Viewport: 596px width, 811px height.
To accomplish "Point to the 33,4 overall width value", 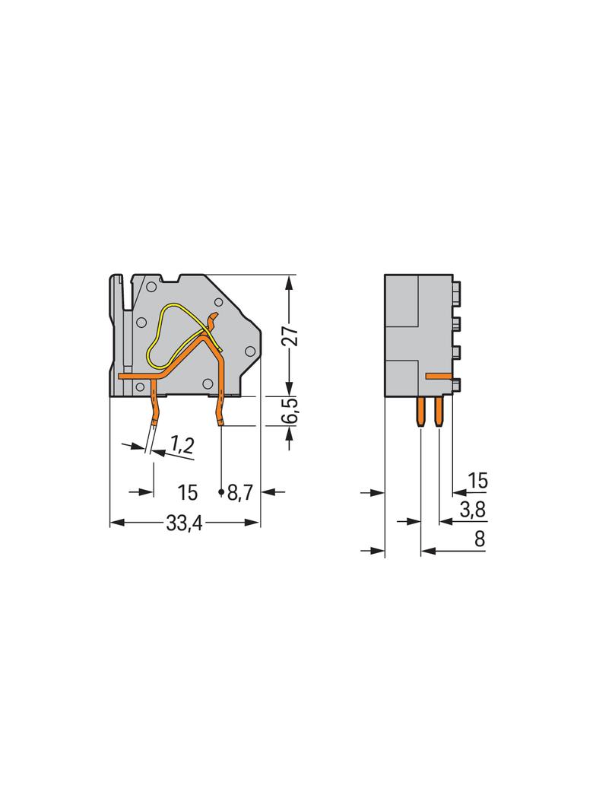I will (182, 523).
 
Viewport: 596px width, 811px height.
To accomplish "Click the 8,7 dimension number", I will (240, 493).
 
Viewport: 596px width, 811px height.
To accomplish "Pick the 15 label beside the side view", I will (477, 481).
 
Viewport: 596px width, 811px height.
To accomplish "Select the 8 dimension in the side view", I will (479, 539).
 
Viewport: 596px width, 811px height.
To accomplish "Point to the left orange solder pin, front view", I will (154, 407).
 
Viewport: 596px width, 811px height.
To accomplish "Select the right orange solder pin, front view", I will (220, 407).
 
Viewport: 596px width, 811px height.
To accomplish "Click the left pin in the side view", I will (420, 412).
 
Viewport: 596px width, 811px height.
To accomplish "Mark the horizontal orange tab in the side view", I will (439, 376).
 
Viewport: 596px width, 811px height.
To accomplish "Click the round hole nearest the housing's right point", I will (249, 351).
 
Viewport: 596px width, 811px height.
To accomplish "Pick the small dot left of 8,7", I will (222, 494).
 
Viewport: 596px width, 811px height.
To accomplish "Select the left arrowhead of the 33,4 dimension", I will (116, 523).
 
